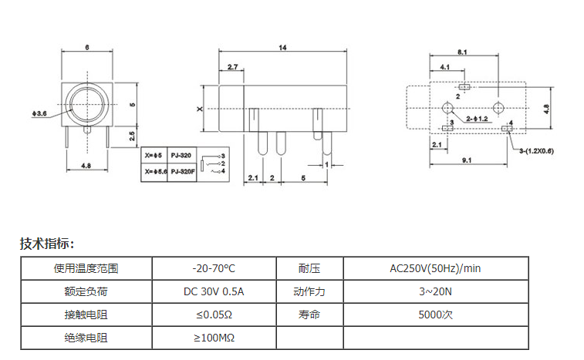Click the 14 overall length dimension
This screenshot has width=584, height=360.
click(283, 48)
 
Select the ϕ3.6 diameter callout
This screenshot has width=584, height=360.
click(39, 115)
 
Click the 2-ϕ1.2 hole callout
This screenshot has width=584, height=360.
click(477, 118)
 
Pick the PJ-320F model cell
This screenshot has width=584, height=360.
click(182, 170)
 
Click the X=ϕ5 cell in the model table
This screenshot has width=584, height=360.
click(154, 155)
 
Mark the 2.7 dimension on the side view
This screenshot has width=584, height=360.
click(233, 68)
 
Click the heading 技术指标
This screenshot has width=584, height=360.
click(47, 244)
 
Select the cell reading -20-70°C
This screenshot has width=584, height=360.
click(214, 268)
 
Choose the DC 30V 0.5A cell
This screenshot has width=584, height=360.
click(214, 291)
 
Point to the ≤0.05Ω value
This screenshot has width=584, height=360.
click(214, 315)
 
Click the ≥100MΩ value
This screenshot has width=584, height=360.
click(214, 338)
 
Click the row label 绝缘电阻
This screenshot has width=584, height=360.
click(86, 338)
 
